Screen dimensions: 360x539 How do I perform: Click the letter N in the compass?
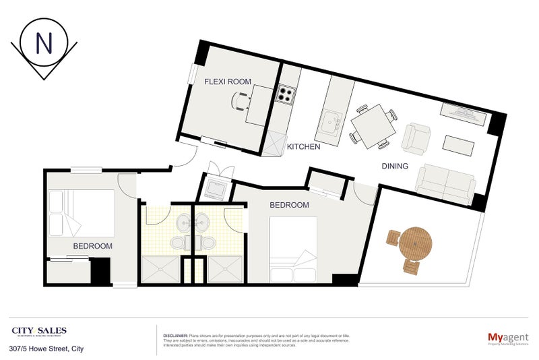[x=44, y=43]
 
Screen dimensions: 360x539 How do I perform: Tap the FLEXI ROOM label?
[x=228, y=82]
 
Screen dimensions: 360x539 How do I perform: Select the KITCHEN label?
[x=303, y=146]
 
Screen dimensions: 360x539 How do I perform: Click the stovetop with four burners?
[x=286, y=94]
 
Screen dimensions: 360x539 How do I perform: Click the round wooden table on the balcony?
[x=416, y=244]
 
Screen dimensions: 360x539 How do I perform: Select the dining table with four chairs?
[x=371, y=125]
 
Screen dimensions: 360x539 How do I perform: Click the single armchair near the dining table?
[x=416, y=139]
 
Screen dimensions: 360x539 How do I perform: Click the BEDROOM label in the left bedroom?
[x=92, y=246]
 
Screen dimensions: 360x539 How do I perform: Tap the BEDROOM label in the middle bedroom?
[x=289, y=205]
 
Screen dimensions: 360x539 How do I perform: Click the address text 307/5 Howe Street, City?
[x=46, y=349]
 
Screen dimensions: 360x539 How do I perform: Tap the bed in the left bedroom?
[x=81, y=212]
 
